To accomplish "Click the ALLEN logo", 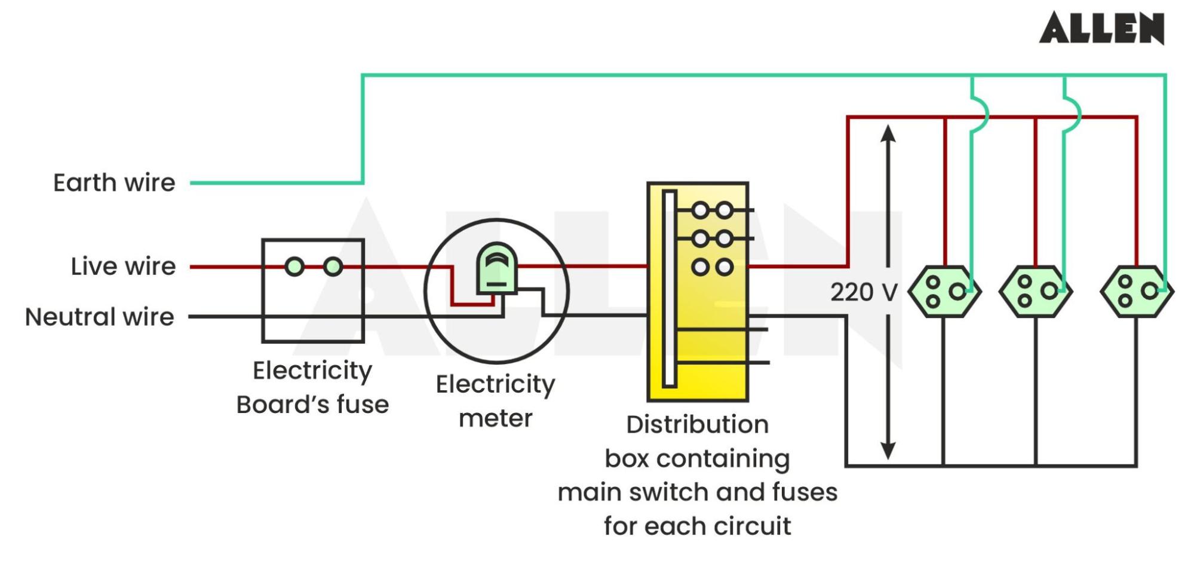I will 1101,28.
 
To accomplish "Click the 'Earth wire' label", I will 114,183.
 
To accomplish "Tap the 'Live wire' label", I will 123,267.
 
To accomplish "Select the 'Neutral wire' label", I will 100,317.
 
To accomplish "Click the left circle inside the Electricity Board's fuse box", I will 294,267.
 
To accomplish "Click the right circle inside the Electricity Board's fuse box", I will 333,267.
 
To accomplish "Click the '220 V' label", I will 864,292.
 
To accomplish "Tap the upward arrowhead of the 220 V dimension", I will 888,133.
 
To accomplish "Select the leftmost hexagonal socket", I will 944,292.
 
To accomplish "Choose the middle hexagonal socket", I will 1036,292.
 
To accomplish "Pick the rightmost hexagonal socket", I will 1137,292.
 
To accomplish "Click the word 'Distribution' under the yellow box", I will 697,425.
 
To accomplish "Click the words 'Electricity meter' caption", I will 496,401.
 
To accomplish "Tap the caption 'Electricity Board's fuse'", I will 312,387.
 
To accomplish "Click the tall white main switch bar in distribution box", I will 669,289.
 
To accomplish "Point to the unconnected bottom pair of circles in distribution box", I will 712,267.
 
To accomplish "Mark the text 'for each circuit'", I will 697,527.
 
